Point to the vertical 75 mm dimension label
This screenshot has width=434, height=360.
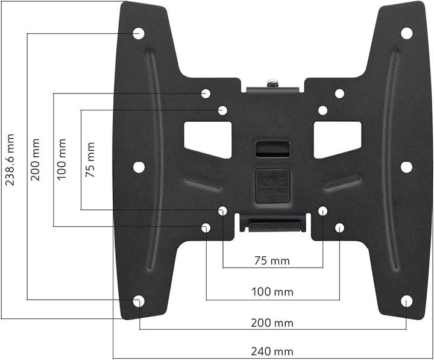[x=90, y=160]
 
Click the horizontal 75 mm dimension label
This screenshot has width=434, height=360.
[x=272, y=261]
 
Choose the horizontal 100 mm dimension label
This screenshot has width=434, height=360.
[x=272, y=292]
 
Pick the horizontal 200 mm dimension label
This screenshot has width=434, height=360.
[x=272, y=323]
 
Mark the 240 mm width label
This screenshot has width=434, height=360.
[x=272, y=352]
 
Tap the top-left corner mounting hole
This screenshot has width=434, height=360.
[x=138, y=33]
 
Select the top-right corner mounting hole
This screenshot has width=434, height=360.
[x=407, y=33]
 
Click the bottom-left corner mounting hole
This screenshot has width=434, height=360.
[x=138, y=301]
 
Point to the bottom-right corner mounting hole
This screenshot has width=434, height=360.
[x=407, y=301]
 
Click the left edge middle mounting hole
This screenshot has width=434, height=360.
[x=139, y=167]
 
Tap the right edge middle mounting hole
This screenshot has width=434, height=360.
[x=406, y=167]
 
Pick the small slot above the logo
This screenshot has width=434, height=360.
[x=272, y=148]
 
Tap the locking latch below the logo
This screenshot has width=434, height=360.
[x=272, y=224]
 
